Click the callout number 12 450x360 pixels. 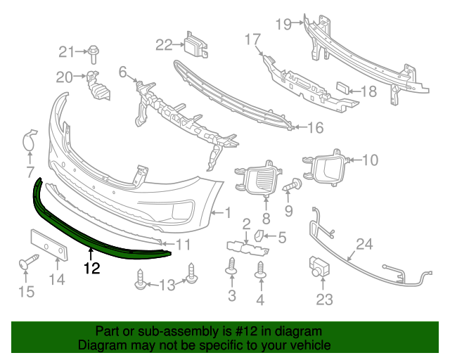(91, 268)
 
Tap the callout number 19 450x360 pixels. (283, 25)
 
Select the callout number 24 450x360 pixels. (364, 245)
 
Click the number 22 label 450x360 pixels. (164, 45)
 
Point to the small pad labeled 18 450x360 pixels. (344, 89)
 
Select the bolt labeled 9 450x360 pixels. (293, 186)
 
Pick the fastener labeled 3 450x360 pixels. (232, 268)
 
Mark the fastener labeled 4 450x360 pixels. (260, 269)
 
